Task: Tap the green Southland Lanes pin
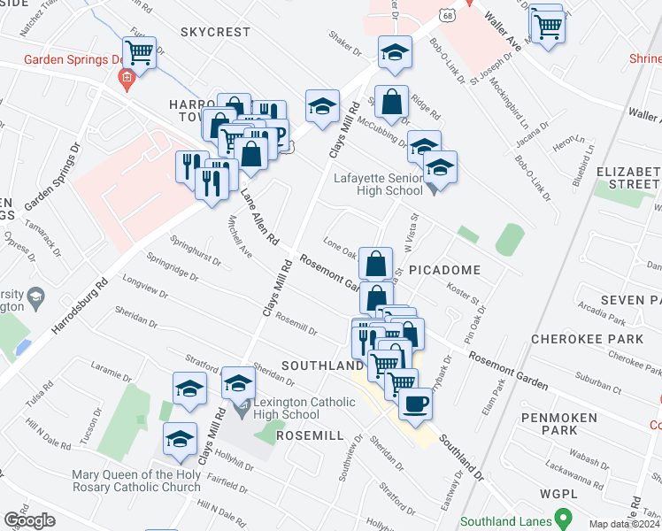coord(560,516)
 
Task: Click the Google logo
coord(29,520)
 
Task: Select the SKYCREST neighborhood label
coord(216,32)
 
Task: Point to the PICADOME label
coord(445,270)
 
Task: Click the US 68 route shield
coord(449,14)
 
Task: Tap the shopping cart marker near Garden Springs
coord(139,53)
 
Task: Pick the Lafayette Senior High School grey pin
coord(431,187)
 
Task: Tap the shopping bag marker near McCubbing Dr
coord(390,104)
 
